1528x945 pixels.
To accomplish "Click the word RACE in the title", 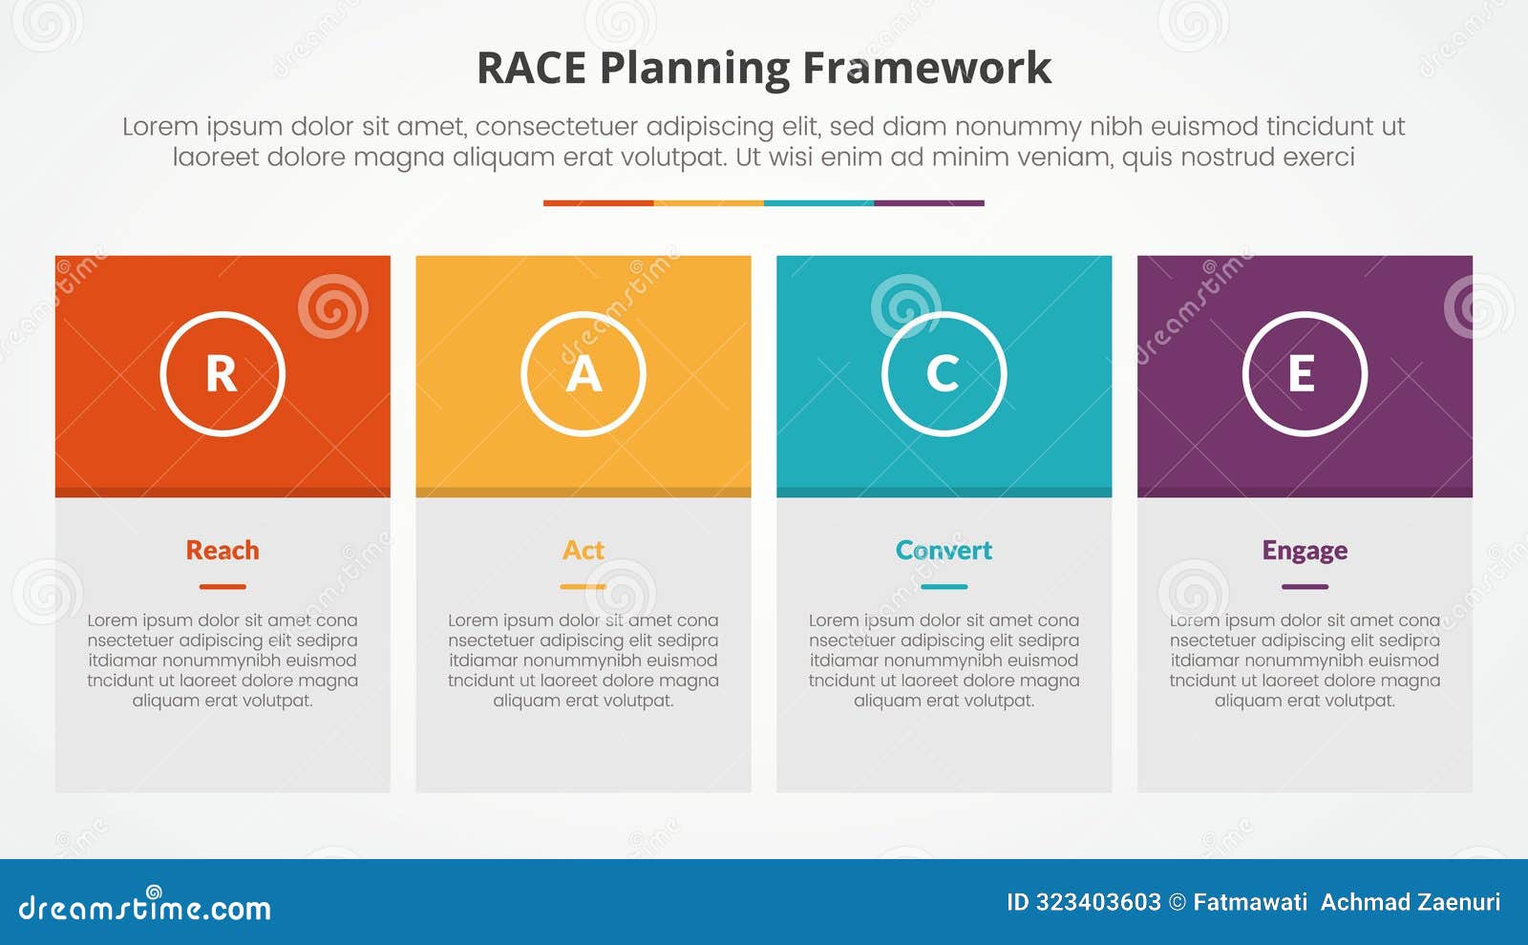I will pyautogui.click(x=531, y=69).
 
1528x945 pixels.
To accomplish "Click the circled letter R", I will pyautogui.click(x=223, y=373).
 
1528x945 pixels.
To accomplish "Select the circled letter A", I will pyautogui.click(x=584, y=373).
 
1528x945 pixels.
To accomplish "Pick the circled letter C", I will pyautogui.click(x=944, y=373).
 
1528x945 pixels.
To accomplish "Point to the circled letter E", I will pyautogui.click(x=1305, y=373).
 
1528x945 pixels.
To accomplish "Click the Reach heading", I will pyautogui.click(x=223, y=551).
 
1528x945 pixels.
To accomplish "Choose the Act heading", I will pyautogui.click(x=584, y=551).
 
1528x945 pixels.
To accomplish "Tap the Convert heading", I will pyautogui.click(x=944, y=551).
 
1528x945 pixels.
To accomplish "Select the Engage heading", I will pyautogui.click(x=1305, y=551).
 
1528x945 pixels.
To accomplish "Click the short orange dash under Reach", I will pyautogui.click(x=223, y=586).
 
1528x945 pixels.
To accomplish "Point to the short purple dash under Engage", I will pyautogui.click(x=1305, y=586).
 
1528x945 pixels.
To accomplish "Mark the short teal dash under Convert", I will pyautogui.click(x=944, y=586).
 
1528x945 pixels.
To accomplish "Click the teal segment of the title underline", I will pyautogui.click(x=818, y=202).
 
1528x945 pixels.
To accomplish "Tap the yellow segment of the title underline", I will pyautogui.click(x=709, y=202).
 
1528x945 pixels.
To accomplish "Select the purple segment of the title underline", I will pyautogui.click(x=928, y=202).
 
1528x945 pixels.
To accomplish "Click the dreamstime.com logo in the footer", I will pyautogui.click(x=144, y=907).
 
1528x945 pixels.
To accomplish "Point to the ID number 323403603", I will pyautogui.click(x=1098, y=902).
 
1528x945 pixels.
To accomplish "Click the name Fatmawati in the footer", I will pyautogui.click(x=1250, y=902).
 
